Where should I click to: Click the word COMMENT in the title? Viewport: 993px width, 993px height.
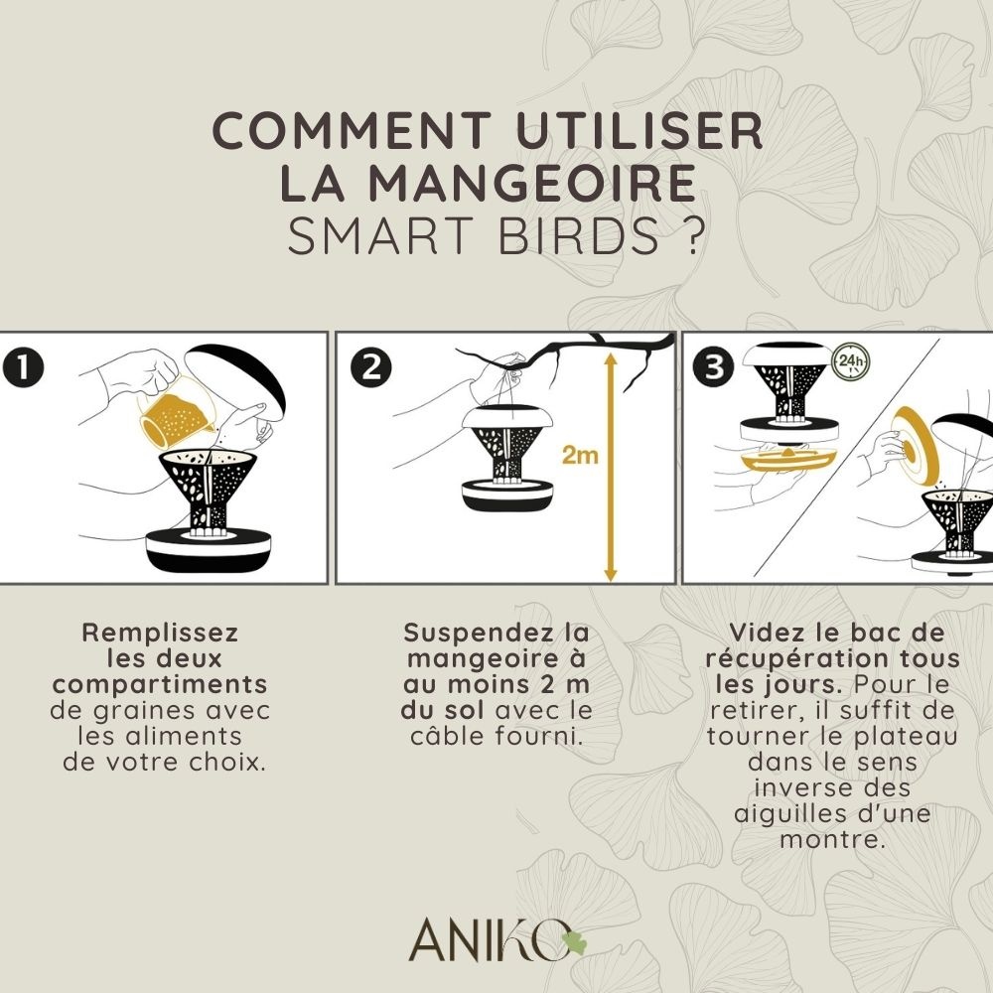pyautogui.click(x=353, y=130)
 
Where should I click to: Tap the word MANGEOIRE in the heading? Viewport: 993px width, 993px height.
pyautogui.click(x=532, y=183)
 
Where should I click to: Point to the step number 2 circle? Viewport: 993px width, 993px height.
pyautogui.click(x=371, y=368)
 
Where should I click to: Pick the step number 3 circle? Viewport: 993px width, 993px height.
pyautogui.click(x=714, y=368)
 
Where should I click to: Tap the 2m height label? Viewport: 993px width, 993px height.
pyautogui.click(x=580, y=455)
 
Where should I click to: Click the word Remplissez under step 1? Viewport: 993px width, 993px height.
pyautogui.click(x=160, y=633)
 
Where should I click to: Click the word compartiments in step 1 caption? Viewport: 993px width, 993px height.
pyautogui.click(x=160, y=684)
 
